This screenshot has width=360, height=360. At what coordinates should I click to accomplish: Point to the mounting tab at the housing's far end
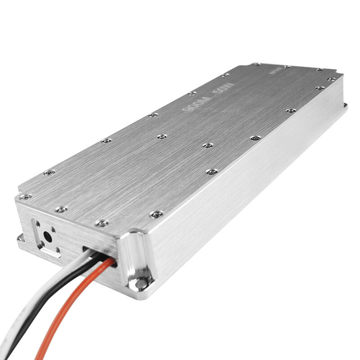[345, 106]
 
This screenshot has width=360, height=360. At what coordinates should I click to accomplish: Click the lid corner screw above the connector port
[26, 197]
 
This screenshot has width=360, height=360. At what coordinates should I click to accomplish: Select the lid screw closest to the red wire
[102, 223]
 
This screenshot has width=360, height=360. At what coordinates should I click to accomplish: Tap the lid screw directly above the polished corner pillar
[156, 214]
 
